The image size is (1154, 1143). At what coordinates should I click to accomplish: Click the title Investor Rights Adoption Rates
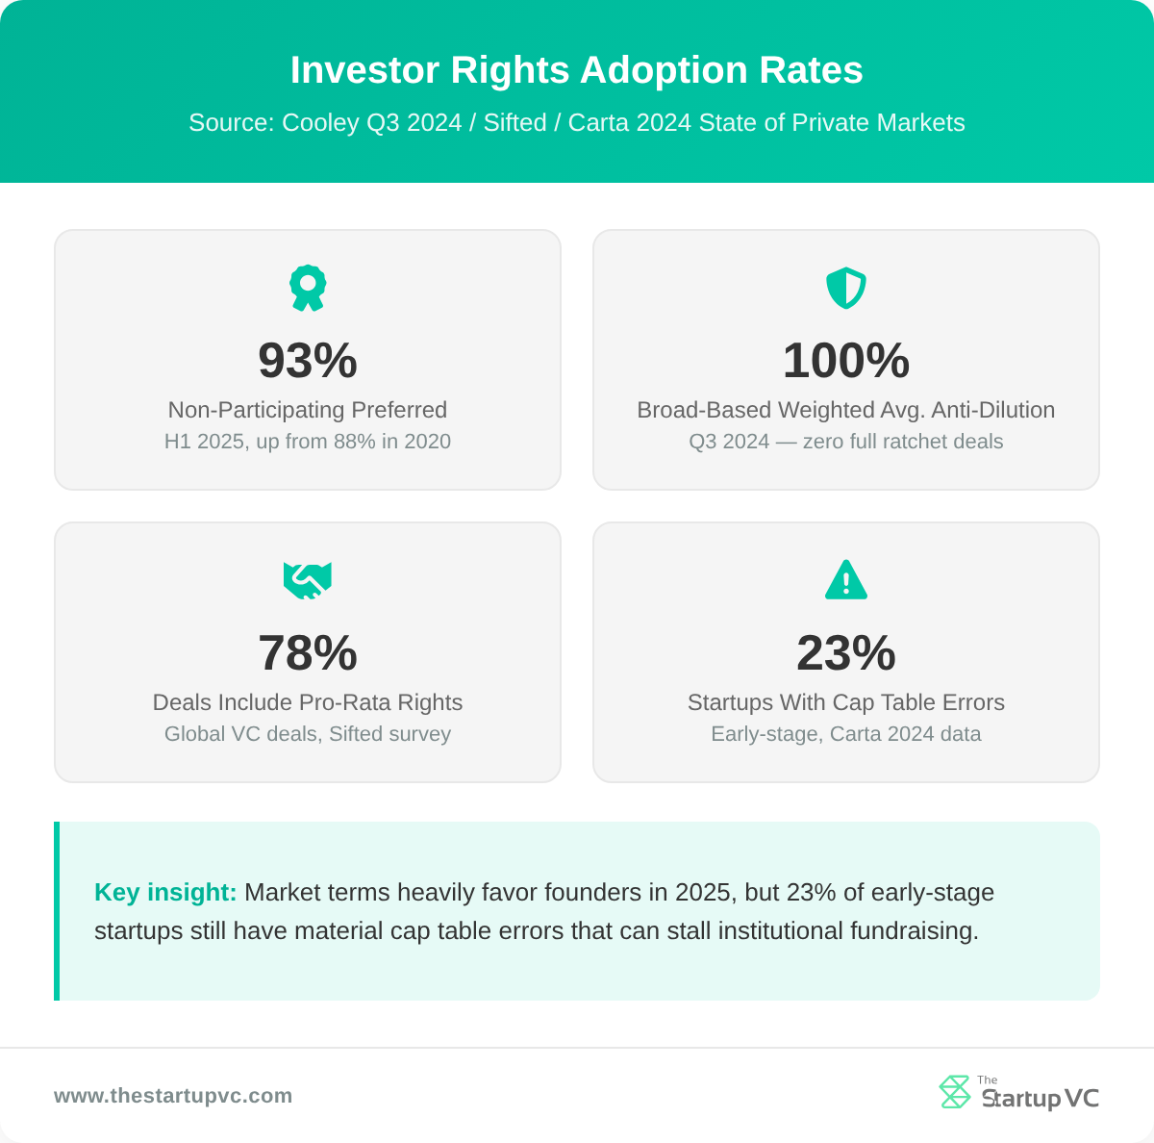(577, 70)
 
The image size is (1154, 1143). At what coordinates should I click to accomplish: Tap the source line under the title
(577, 123)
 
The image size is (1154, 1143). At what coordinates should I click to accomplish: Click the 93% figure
(308, 361)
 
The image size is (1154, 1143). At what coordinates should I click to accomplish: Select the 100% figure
(846, 361)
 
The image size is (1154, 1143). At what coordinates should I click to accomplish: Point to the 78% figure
(308, 653)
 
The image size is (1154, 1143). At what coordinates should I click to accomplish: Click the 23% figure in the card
(846, 653)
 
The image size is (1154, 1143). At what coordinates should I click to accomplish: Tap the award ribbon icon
(308, 288)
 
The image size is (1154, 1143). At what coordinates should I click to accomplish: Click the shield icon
(846, 288)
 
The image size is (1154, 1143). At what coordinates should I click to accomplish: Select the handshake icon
(308, 580)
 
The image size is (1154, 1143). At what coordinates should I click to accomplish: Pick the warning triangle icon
(846, 580)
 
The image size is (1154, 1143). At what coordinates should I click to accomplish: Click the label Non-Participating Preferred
(308, 410)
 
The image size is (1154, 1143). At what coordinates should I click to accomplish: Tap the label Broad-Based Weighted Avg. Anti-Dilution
(846, 410)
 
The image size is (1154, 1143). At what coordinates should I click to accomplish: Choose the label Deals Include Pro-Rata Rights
(308, 702)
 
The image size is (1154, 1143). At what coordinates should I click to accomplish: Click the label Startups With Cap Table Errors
(846, 702)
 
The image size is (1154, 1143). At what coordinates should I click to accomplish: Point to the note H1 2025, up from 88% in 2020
(308, 442)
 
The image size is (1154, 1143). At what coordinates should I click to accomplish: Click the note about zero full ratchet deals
(846, 442)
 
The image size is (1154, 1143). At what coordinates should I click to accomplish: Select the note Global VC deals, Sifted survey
(308, 734)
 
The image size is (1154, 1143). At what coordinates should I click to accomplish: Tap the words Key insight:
(165, 893)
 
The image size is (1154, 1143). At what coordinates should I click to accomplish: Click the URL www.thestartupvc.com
(173, 1096)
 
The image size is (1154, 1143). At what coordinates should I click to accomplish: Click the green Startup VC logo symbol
(955, 1092)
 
